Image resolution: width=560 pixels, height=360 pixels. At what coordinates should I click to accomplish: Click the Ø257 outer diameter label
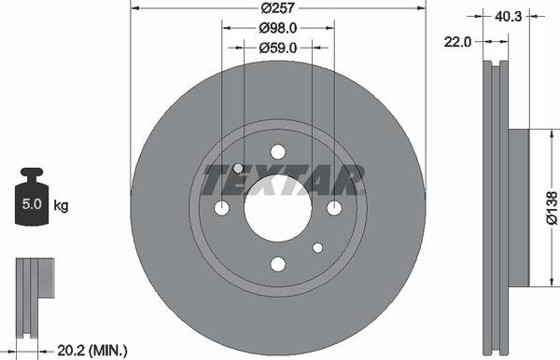click(x=277, y=7)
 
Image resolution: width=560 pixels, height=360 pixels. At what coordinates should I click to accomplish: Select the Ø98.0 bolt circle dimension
click(x=277, y=28)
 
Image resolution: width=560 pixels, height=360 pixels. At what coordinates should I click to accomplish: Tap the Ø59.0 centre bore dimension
click(x=277, y=48)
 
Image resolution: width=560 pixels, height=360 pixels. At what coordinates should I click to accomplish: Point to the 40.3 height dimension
click(x=509, y=17)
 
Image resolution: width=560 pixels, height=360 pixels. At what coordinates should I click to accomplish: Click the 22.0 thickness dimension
click(x=457, y=42)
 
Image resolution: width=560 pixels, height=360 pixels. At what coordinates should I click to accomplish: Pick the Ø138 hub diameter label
click(x=553, y=208)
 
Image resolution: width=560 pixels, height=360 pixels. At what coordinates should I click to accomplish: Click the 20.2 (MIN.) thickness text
click(x=92, y=351)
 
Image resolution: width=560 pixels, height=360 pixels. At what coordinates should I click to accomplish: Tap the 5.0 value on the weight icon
click(x=32, y=203)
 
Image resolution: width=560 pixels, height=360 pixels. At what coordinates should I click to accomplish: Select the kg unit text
click(x=61, y=206)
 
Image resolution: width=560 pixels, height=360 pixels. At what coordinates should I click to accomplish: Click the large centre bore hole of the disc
click(x=278, y=208)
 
